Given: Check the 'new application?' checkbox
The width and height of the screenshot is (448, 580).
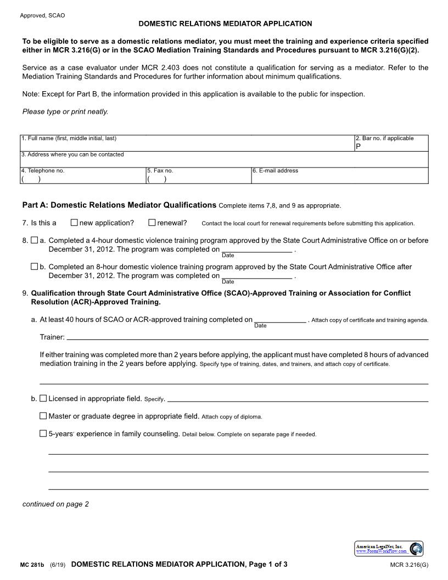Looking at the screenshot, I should tap(74, 223).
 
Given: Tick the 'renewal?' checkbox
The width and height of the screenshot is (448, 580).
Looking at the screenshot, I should tap(152, 223).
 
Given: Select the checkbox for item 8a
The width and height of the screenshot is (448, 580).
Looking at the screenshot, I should tap(35, 241).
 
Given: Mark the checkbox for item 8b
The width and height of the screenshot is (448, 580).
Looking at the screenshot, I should tap(35, 267).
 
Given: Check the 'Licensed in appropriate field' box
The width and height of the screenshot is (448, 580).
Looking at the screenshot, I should tap(43, 399).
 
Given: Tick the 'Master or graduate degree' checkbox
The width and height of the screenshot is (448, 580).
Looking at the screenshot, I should tap(43, 416).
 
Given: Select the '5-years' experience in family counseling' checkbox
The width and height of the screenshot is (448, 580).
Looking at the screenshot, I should tap(43, 434).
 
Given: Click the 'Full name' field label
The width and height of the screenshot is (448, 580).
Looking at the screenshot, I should tap(69, 138).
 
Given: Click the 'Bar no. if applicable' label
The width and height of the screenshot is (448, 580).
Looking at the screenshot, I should tap(384, 138).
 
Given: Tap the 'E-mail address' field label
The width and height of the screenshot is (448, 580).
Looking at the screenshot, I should tap(275, 171).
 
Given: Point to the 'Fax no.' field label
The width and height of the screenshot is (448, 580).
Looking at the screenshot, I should tap(160, 171).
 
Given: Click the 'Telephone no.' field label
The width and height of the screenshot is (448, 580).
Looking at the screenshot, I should tap(43, 171).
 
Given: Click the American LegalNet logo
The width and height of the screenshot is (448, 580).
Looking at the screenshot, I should tap(388, 549).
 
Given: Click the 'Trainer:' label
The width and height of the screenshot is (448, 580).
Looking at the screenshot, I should tap(52, 337).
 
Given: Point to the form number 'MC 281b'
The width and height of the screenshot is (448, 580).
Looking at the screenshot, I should tap(32, 565).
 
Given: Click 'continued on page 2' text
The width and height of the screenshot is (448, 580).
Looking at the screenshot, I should tap(55, 504).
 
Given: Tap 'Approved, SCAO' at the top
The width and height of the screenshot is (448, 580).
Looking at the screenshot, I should tap(42, 15).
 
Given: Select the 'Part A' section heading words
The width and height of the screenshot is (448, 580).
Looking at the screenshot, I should tap(119, 205).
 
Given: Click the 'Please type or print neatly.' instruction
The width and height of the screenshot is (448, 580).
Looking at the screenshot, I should tap(65, 111).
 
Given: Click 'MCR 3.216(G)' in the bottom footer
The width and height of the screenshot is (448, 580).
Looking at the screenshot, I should tap(409, 565).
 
